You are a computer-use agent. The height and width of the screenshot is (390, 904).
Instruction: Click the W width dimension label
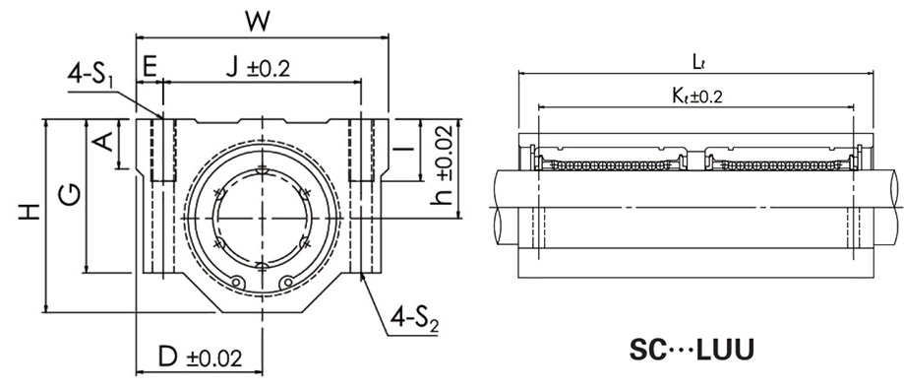(258, 22)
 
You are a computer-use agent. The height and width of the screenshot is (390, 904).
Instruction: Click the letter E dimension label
(150, 68)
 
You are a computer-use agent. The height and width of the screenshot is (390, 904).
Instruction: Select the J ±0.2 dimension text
(257, 68)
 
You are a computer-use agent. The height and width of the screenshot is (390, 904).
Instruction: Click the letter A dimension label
(103, 141)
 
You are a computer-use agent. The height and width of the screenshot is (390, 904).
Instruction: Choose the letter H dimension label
(29, 212)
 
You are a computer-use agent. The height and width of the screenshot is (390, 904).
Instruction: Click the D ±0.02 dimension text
(200, 357)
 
